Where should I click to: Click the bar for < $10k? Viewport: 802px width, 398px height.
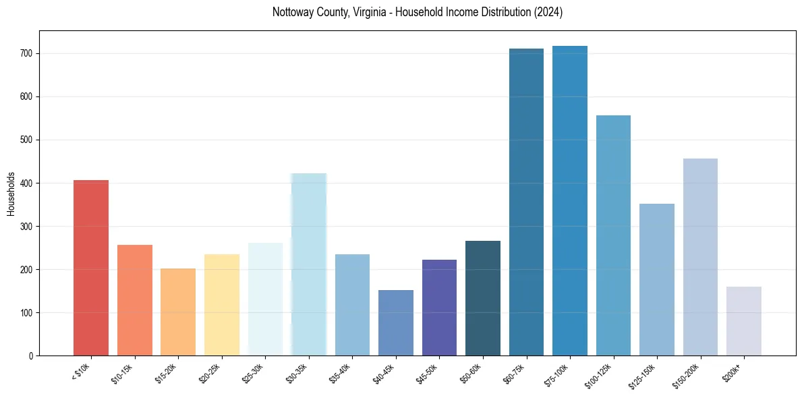pos(91,268)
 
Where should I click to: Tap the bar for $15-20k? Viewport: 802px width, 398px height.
pos(178,312)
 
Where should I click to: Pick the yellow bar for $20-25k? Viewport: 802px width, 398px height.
pos(222,305)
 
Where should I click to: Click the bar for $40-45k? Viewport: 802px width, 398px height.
pos(396,323)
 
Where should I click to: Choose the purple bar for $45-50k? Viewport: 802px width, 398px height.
pos(439,308)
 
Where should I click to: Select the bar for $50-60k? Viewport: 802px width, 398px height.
pos(483,298)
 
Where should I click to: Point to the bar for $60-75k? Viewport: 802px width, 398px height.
pos(526,202)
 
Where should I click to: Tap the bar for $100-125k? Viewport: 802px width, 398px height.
pos(613,235)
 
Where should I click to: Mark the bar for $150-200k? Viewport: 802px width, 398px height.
pos(700,257)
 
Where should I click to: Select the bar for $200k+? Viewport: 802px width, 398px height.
pos(744,321)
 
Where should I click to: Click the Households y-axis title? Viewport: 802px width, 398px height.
pos(11,193)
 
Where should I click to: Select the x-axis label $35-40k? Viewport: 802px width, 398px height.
pos(339,375)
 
